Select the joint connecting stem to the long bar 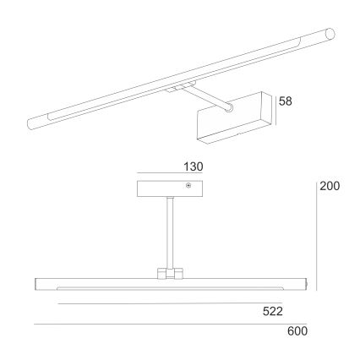pyautogui.click(x=170, y=274)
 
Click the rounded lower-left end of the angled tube pyautogui.click(x=33, y=122)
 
